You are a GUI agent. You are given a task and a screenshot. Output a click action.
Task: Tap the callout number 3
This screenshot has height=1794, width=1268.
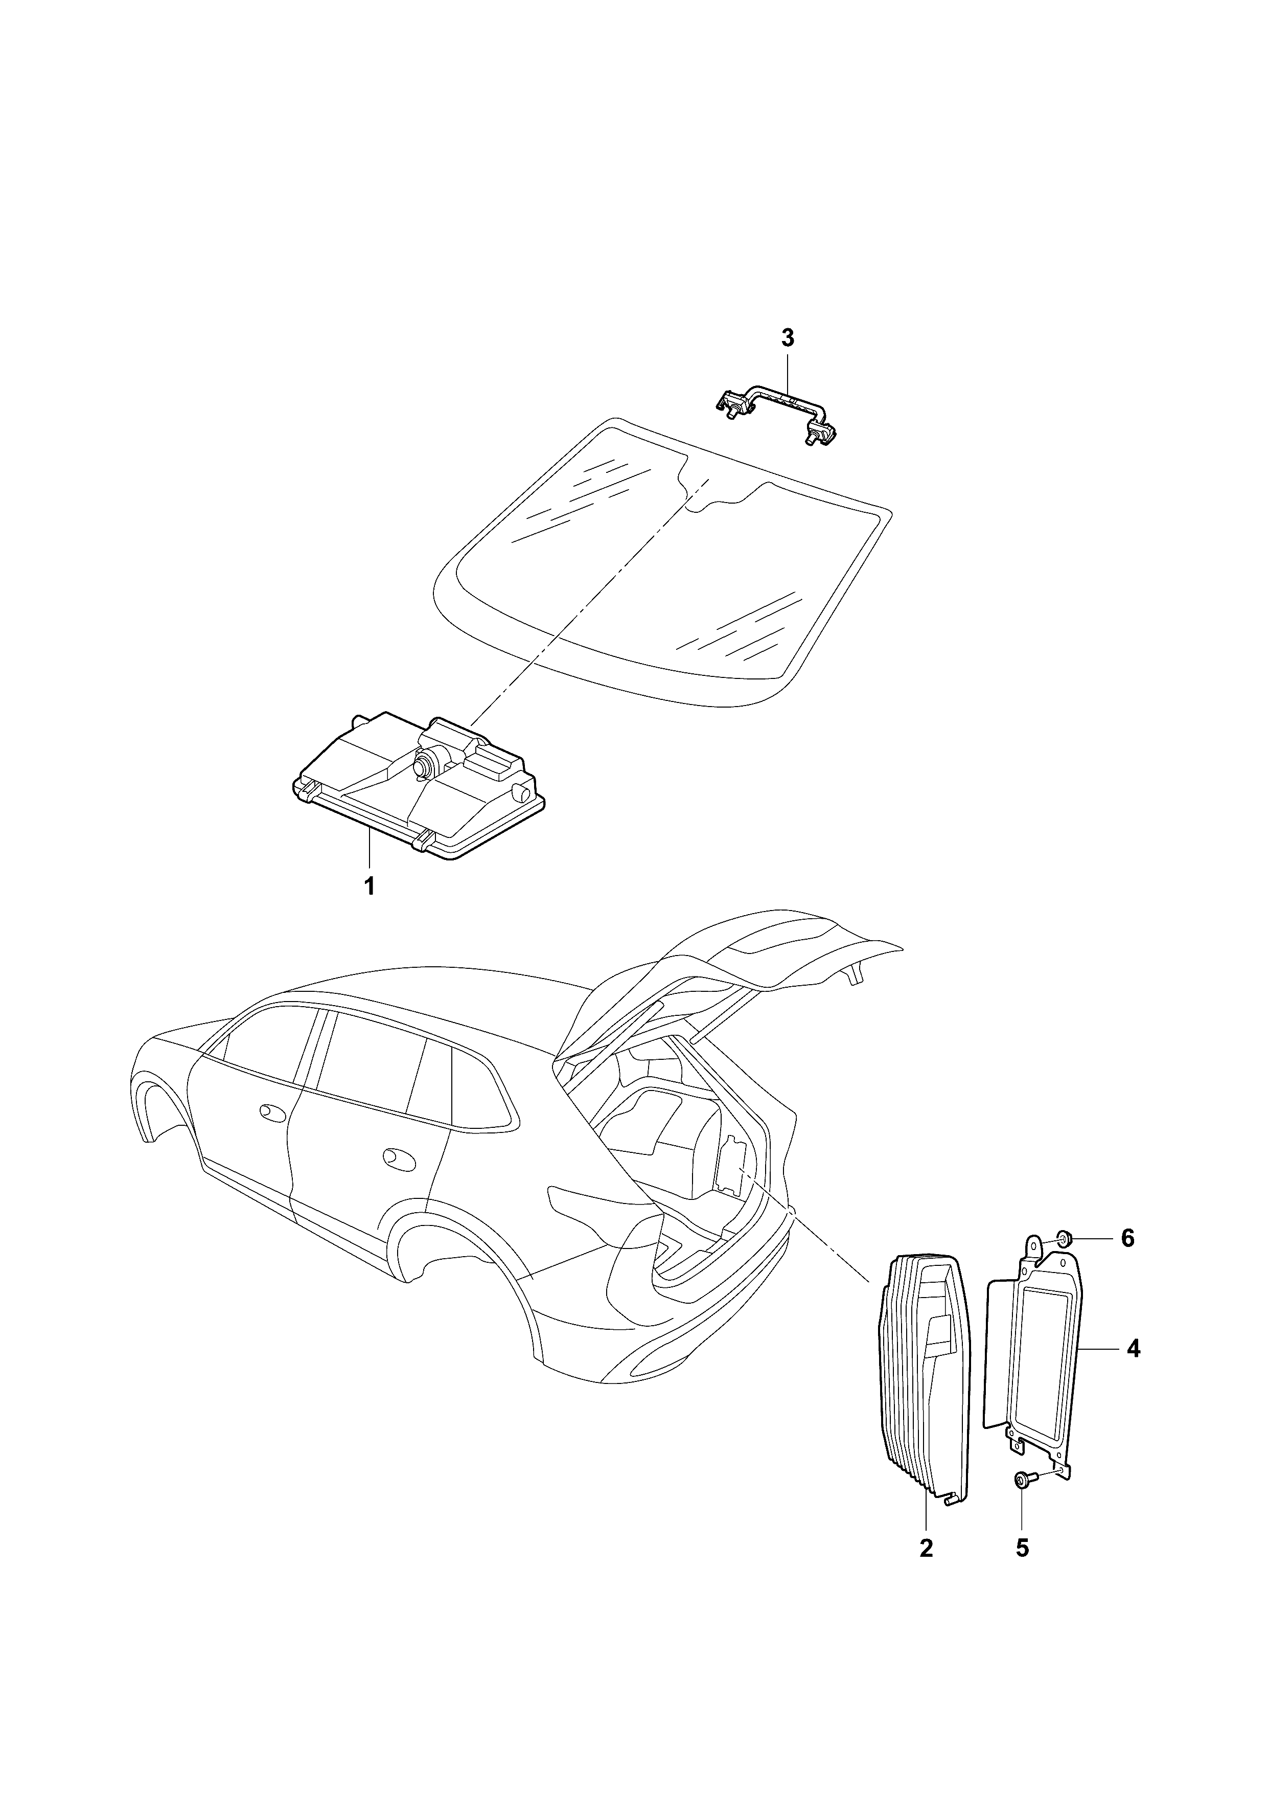(788, 338)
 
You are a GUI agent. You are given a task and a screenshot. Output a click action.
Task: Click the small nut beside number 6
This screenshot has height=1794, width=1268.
(1064, 1238)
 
